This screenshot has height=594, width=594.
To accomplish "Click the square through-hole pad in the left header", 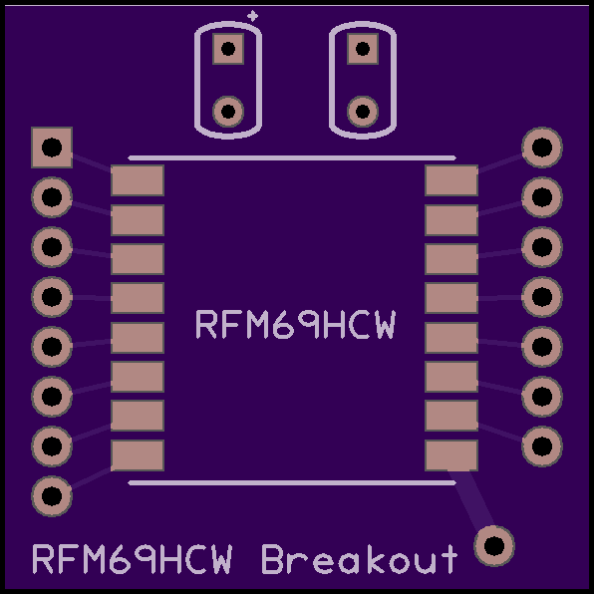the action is [52, 148].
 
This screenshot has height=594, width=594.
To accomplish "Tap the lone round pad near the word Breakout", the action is [494, 546].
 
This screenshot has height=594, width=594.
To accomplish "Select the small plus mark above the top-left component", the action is [252, 16].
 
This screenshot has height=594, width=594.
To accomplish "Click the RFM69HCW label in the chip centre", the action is [295, 325].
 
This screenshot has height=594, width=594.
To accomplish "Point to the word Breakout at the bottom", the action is [360, 559].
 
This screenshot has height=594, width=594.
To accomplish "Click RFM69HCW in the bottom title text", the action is [133, 559].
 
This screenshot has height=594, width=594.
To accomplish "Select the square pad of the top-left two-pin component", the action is [228, 49].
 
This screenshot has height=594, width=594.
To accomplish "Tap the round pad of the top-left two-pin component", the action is [228, 112].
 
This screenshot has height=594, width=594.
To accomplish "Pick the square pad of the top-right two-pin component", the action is [363, 49].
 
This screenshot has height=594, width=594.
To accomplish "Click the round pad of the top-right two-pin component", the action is [363, 112].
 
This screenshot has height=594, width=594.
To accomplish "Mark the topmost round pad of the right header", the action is [542, 148].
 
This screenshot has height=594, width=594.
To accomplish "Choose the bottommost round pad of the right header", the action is [542, 445].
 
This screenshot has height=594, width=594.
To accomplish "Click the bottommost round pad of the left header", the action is [52, 496].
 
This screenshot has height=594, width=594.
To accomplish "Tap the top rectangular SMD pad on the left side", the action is [138, 180].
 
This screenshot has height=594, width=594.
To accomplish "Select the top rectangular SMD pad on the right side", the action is [451, 180].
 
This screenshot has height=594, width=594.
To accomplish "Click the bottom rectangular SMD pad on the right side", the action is [451, 455].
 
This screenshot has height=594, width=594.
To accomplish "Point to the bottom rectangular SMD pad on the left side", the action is [138, 455].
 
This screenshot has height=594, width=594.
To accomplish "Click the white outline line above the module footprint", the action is [292, 158].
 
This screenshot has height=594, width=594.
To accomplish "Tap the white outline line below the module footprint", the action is [292, 483].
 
